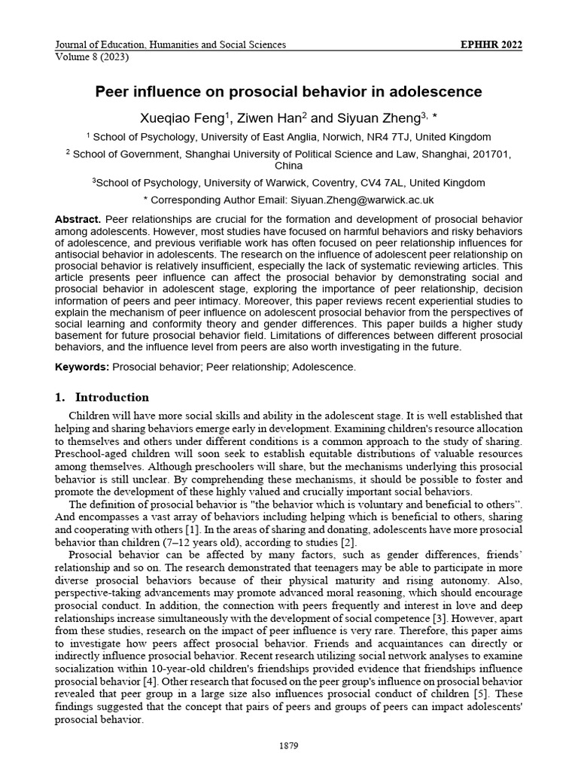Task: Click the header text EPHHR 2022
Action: click(491, 44)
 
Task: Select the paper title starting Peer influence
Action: click(288, 92)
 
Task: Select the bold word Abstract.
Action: click(77, 218)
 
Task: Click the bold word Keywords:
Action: click(82, 367)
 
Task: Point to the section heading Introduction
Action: click(112, 397)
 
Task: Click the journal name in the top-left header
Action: click(170, 44)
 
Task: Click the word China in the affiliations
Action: click(288, 165)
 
